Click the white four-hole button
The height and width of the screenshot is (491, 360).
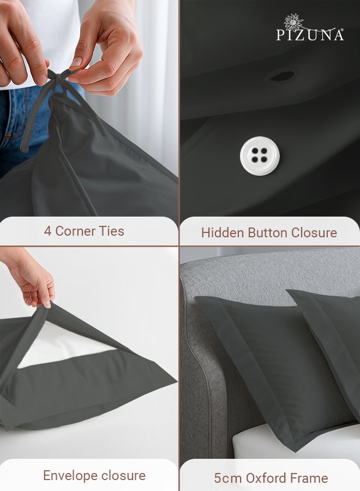(x=260, y=156)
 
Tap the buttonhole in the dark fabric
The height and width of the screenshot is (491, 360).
(x=281, y=76)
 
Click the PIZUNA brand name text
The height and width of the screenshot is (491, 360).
(x=310, y=35)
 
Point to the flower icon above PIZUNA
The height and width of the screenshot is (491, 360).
(x=294, y=21)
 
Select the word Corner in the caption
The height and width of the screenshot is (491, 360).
(x=75, y=231)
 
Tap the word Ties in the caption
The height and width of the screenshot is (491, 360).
(x=111, y=231)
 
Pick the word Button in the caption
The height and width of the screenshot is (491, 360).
(x=268, y=232)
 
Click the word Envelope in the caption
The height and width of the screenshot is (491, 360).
(x=69, y=475)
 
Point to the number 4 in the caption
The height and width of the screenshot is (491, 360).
(x=47, y=231)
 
